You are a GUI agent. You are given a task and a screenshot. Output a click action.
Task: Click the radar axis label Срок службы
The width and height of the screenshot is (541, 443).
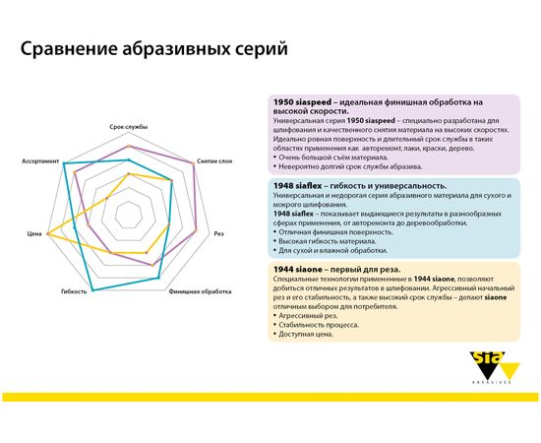click(x=128, y=128)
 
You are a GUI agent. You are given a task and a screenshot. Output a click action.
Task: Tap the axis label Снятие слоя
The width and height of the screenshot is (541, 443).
click(x=215, y=159)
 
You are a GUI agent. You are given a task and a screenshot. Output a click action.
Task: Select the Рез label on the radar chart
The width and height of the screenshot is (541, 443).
click(x=219, y=233)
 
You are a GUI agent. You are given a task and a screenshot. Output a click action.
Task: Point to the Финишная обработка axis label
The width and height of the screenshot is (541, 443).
click(x=201, y=292)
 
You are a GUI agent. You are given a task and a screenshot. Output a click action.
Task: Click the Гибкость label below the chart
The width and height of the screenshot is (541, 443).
click(x=75, y=292)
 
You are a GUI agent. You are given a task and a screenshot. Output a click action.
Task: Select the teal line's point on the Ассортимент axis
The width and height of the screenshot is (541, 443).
click(x=65, y=164)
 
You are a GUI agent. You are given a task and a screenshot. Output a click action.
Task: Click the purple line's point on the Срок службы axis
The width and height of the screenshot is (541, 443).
click(x=128, y=146)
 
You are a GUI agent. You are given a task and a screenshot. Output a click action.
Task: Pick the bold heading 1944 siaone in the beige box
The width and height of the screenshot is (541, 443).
click(x=300, y=269)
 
